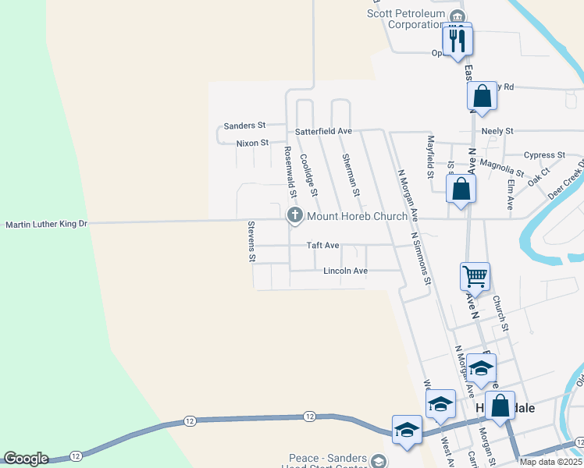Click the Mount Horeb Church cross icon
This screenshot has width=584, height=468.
tap(294, 215)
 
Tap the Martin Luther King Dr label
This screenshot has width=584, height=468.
tap(47, 225)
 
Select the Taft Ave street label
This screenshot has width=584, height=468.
tap(322, 245)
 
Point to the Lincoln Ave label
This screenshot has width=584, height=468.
tap(345, 271)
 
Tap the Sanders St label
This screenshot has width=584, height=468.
tap(244, 125)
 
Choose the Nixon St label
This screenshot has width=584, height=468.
tap(252, 143)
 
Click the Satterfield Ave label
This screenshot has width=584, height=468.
tap(323, 131)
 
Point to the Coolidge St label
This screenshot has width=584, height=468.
tap(308, 174)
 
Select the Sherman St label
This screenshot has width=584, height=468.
tap(351, 175)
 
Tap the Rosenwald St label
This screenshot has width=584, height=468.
tap(290, 170)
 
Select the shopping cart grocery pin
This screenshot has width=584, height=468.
tap(475, 277)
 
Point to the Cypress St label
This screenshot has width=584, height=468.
tap(543, 155)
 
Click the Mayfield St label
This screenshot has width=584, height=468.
tap(429, 155)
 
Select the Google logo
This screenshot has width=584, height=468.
tap(25, 459)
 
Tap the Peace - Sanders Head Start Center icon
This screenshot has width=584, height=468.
tap(379, 461)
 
